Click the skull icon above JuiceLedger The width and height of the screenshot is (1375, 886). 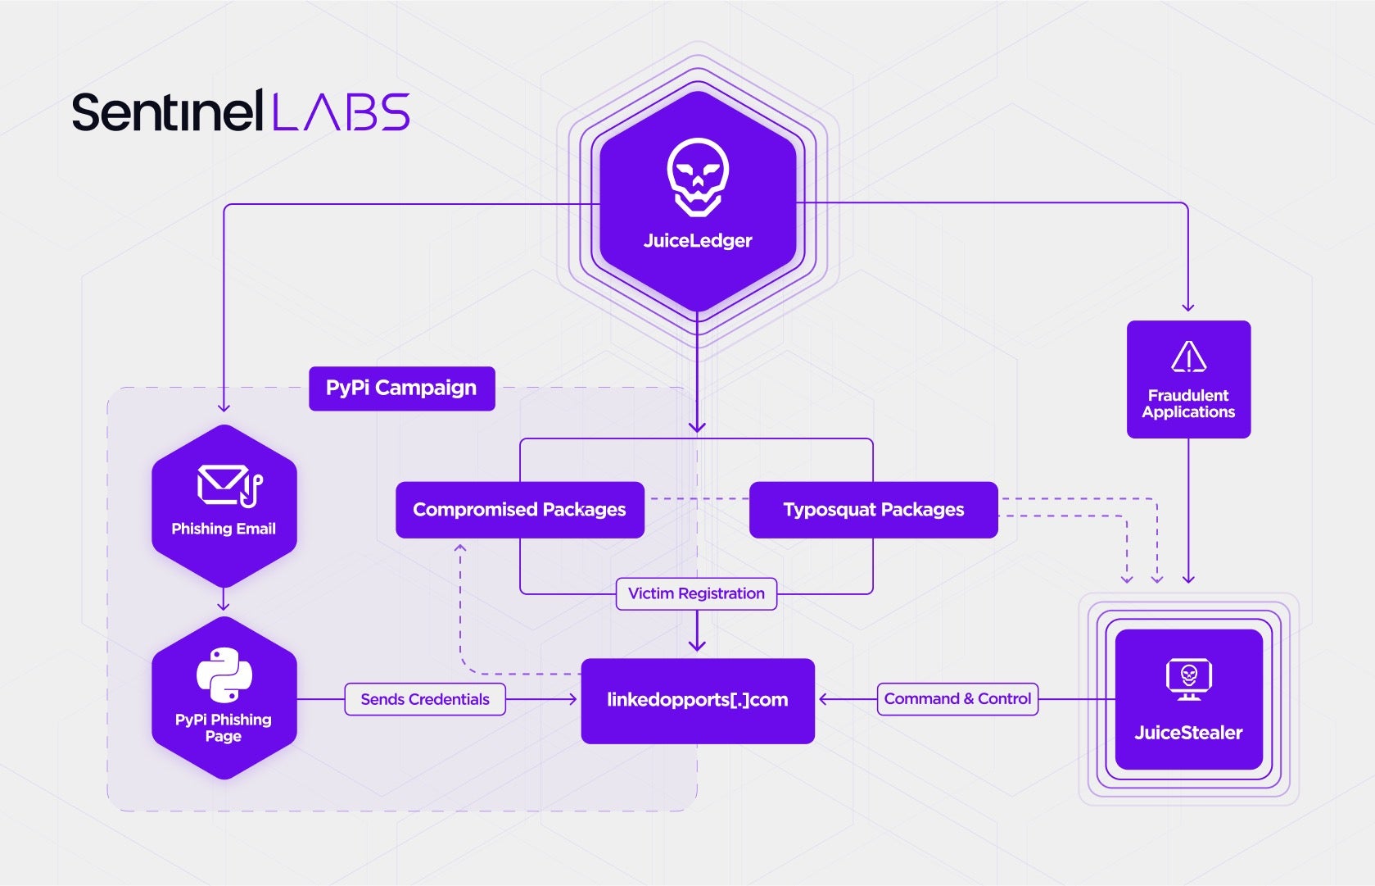698,176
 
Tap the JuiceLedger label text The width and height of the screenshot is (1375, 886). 698,241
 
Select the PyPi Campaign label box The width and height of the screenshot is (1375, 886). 401,388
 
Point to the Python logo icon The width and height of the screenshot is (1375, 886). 224,675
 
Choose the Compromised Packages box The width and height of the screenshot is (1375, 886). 519,510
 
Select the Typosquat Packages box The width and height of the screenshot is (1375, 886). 873,510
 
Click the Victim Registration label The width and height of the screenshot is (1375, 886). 696,593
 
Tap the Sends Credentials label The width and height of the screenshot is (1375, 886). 425,699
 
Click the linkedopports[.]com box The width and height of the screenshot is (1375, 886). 698,701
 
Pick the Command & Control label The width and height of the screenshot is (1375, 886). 957,699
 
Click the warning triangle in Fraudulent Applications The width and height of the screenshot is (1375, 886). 1188,357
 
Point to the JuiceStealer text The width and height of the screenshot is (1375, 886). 1188,733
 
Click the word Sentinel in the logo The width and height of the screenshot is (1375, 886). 167,112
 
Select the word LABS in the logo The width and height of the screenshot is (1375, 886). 341,112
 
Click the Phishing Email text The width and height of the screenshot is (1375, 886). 224,529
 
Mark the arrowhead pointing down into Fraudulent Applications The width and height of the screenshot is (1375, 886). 1188,307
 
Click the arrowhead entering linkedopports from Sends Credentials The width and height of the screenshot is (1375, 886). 572,699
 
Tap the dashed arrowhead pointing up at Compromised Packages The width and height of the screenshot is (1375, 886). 460,548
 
